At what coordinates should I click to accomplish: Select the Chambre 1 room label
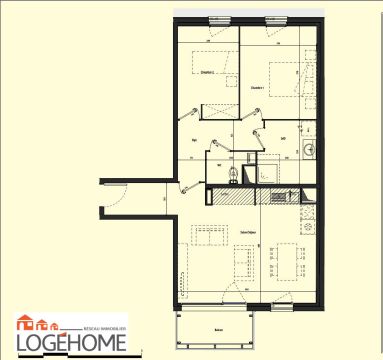click(x=257, y=88)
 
